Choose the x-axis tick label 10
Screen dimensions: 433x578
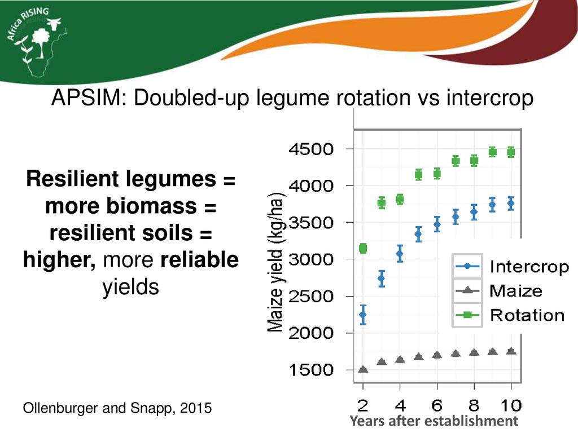pos(510,404)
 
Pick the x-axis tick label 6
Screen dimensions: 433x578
pos(437,404)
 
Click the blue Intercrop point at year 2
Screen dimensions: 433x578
pos(363,315)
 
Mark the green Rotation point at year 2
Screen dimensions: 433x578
pos(363,249)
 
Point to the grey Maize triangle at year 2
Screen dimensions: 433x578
pos(363,370)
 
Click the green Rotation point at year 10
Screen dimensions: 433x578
pos(511,152)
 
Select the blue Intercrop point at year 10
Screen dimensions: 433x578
pos(511,204)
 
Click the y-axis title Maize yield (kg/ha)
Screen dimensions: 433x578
pos(275,262)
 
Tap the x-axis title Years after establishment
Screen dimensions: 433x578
pos(433,421)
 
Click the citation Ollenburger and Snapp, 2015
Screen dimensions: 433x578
pos(117,408)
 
